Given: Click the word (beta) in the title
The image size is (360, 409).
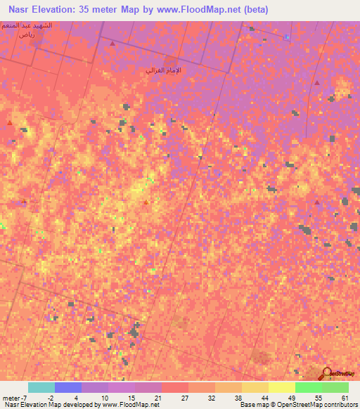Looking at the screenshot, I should (252, 10).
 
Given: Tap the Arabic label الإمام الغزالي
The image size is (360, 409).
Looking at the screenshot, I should (163, 70).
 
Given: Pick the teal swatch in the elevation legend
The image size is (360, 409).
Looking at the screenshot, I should (41, 387).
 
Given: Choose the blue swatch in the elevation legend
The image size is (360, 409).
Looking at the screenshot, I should (68, 387).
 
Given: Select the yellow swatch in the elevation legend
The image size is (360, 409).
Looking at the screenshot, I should (281, 387).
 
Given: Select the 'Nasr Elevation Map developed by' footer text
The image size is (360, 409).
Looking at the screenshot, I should (46, 405).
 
